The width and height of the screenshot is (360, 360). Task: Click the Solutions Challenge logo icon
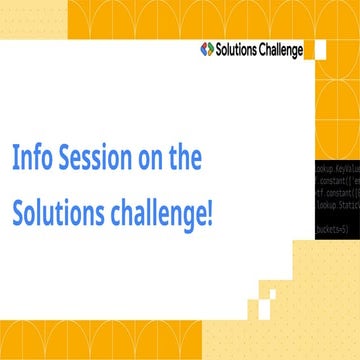click(207, 48)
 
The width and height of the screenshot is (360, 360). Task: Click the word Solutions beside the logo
click(238, 48)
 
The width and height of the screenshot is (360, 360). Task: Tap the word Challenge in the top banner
click(282, 48)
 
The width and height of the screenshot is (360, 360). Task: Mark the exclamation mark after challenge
click(210, 214)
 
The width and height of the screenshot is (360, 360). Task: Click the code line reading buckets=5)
click(332, 230)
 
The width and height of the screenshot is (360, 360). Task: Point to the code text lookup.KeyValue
click(338, 171)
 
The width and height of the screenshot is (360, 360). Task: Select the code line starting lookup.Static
click(338, 204)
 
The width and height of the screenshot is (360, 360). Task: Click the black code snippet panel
click(337, 200)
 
